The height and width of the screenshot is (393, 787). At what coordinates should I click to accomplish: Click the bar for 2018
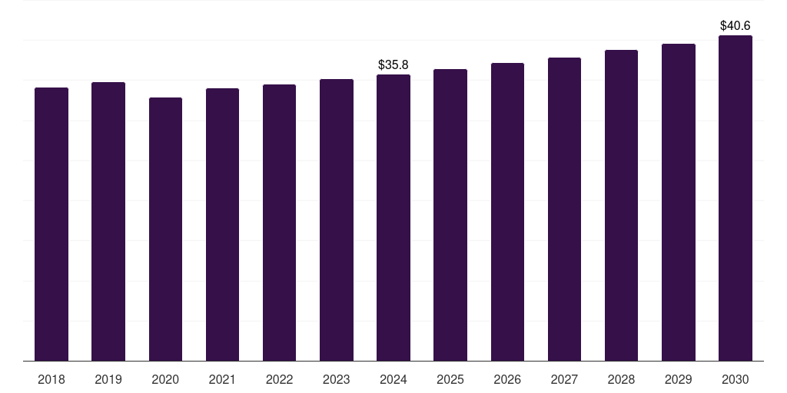(51, 224)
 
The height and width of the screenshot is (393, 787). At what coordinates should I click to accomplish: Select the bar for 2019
(108, 221)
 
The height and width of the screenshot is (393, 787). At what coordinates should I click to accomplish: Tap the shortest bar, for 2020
(165, 229)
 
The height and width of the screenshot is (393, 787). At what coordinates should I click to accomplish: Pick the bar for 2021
(222, 224)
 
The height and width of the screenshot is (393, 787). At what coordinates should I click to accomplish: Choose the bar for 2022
(279, 223)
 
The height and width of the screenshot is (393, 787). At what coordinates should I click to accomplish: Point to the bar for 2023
(337, 220)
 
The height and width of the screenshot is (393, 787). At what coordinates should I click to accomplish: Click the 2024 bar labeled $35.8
(393, 217)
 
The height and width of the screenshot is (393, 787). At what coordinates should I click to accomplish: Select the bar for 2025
(450, 215)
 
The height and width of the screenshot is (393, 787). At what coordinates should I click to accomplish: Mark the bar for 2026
(507, 212)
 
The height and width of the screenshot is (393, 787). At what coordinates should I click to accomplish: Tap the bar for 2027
(564, 209)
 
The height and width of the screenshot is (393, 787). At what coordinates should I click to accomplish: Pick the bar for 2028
(621, 205)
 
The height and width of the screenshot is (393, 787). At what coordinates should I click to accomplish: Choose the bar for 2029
(679, 202)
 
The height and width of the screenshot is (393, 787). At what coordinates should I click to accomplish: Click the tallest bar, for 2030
(736, 198)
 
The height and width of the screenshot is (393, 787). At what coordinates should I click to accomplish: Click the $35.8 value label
(393, 65)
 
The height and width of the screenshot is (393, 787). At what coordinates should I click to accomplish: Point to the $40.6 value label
(736, 26)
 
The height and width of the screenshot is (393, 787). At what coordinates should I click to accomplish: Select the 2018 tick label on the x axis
(51, 380)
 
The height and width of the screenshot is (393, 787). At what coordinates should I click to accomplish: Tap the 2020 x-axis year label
(165, 380)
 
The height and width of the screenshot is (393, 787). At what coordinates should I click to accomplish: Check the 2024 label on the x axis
(393, 380)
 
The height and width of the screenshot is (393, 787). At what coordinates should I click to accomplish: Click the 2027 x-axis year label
(564, 380)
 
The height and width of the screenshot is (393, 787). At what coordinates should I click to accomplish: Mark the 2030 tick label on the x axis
(736, 380)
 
